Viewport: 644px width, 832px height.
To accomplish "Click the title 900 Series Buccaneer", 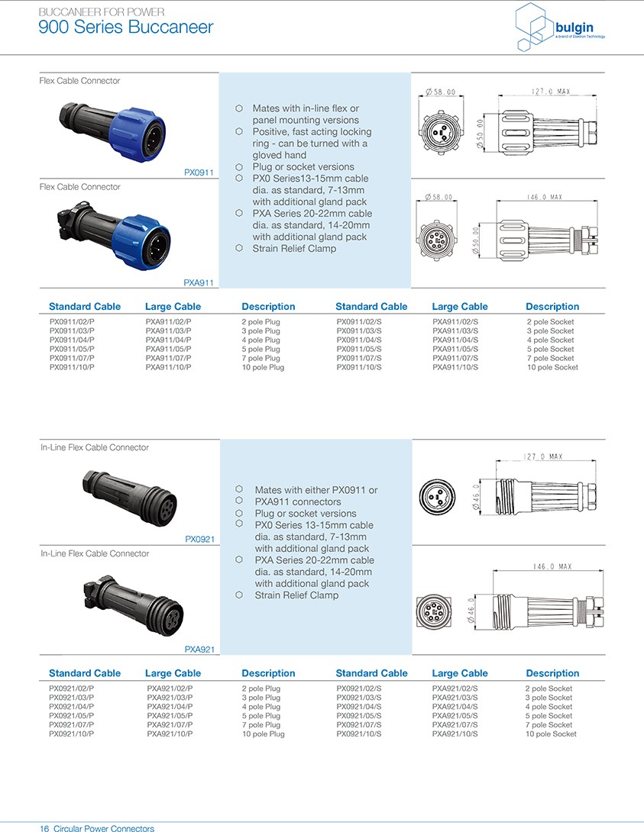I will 126,28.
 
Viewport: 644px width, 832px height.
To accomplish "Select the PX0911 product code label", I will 199,173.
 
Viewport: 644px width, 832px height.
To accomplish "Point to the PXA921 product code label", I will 199,650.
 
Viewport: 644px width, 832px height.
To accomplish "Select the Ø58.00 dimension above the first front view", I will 439,92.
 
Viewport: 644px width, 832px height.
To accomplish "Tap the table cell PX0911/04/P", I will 72,340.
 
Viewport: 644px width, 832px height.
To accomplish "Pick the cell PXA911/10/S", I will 455,368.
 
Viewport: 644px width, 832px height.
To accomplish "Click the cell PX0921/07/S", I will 358,725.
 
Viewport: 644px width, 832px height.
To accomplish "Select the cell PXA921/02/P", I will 170,688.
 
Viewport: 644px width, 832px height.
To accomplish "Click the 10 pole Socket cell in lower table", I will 551,734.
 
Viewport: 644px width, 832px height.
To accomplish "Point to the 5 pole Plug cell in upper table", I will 261,350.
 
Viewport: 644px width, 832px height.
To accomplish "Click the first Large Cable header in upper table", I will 173,307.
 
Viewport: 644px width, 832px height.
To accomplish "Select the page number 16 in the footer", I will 44,828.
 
